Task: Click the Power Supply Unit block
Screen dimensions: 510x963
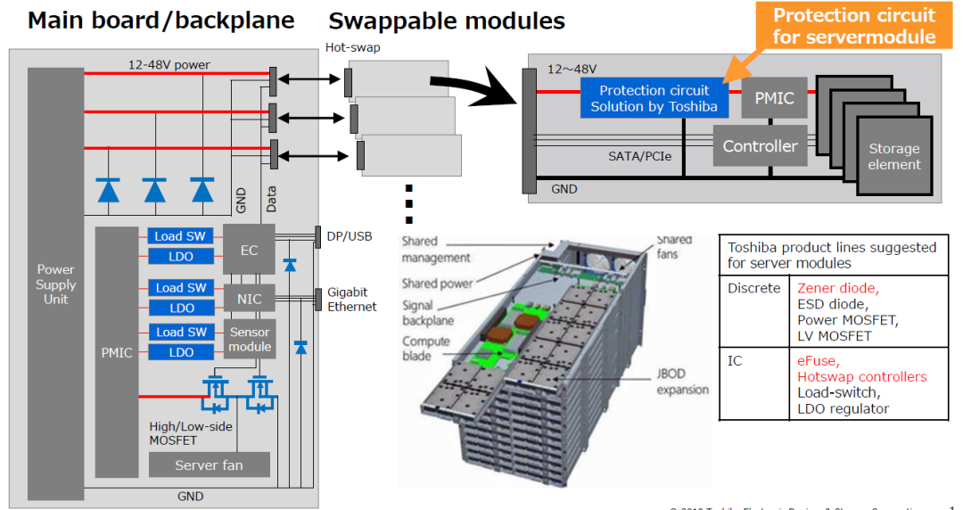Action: tap(56, 284)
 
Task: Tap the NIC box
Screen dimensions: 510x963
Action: tap(249, 298)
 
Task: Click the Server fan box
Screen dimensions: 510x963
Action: tap(209, 465)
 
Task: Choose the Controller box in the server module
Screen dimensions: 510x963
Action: tap(760, 146)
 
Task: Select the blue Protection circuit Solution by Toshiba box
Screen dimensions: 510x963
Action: tap(654, 98)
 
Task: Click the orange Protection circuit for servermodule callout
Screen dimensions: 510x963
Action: tap(853, 25)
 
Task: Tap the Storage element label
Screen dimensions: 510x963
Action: tap(893, 157)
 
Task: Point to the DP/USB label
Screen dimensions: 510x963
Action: tap(349, 236)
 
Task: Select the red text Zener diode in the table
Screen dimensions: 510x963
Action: tap(837, 288)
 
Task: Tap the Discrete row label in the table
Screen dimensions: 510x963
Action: tap(754, 288)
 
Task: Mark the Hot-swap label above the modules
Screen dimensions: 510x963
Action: tap(353, 48)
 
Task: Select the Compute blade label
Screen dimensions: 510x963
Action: tap(426, 349)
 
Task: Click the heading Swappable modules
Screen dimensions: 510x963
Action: tap(447, 21)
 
